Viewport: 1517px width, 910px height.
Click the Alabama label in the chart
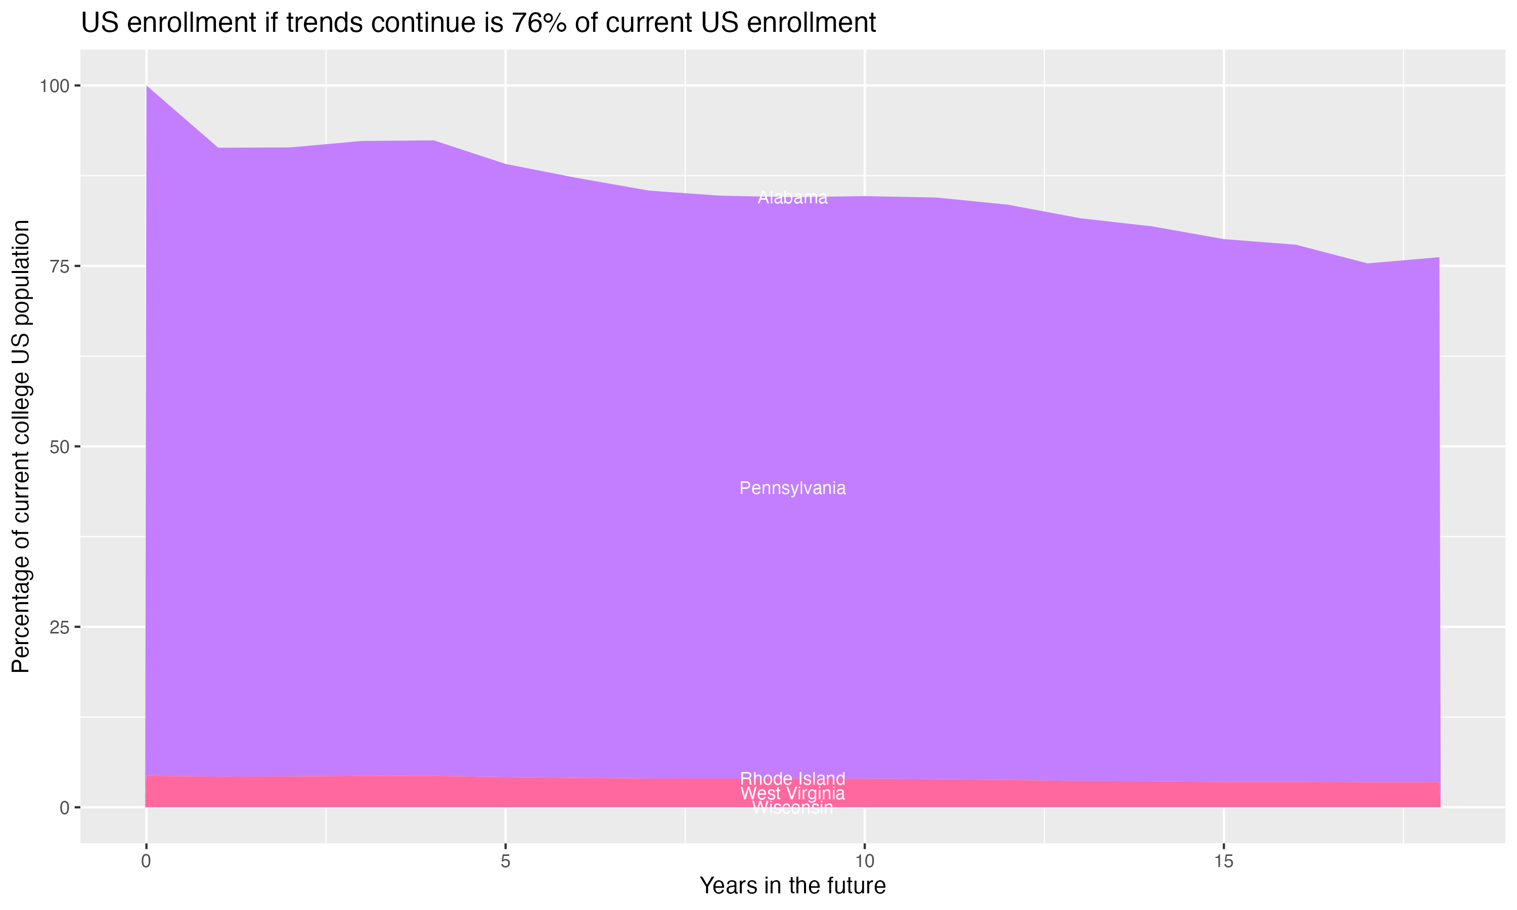coord(792,198)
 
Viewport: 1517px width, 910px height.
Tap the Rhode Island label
coord(792,779)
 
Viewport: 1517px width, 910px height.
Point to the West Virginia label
coord(792,794)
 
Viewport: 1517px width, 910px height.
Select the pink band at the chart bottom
coord(429,792)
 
